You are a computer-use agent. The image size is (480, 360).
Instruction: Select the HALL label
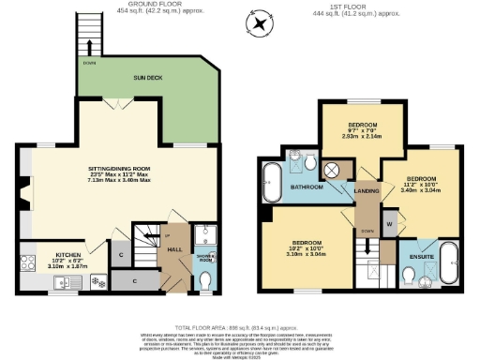(x=174, y=249)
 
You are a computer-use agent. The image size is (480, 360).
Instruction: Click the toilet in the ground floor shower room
(x=205, y=278)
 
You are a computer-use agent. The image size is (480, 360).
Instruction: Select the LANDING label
(x=367, y=193)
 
